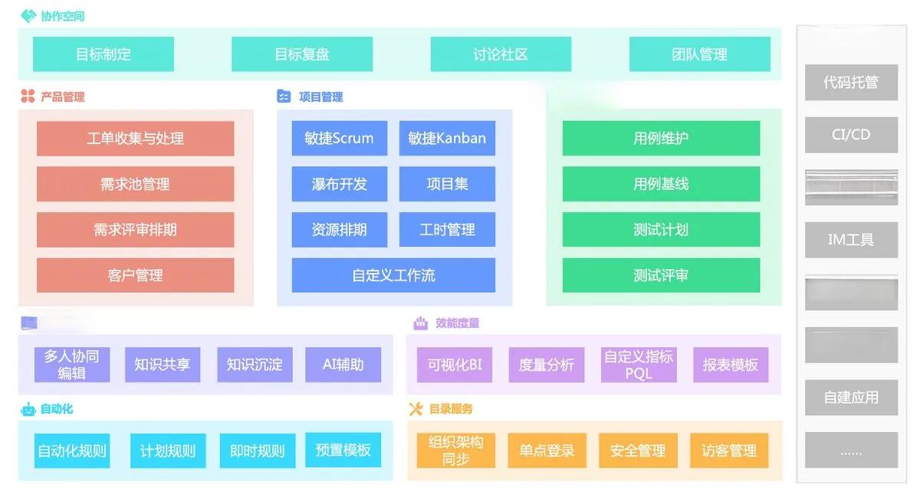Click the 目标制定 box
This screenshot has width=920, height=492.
(x=103, y=54)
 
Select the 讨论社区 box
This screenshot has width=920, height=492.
(x=501, y=54)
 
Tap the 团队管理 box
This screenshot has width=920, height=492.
(x=699, y=54)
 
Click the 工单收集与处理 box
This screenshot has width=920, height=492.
(x=135, y=139)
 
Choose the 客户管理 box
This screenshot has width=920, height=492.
(x=135, y=275)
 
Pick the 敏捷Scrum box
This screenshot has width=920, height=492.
(x=339, y=139)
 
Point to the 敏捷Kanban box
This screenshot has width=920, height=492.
(x=447, y=139)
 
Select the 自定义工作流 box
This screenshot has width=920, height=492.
(x=393, y=275)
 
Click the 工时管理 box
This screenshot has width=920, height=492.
(x=447, y=229)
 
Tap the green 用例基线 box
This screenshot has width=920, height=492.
(x=661, y=184)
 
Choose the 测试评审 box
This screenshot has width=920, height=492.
(x=661, y=275)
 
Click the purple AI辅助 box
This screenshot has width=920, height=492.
(x=343, y=365)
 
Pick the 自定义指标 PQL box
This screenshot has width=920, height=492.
(x=638, y=365)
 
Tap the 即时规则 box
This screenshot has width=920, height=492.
(x=257, y=451)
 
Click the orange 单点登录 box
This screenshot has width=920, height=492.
(x=546, y=451)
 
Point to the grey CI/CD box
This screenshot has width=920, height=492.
(x=851, y=135)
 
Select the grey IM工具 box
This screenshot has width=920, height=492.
(x=851, y=240)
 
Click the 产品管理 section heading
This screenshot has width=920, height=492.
(x=62, y=97)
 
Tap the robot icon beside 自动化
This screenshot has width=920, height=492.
(x=28, y=409)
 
